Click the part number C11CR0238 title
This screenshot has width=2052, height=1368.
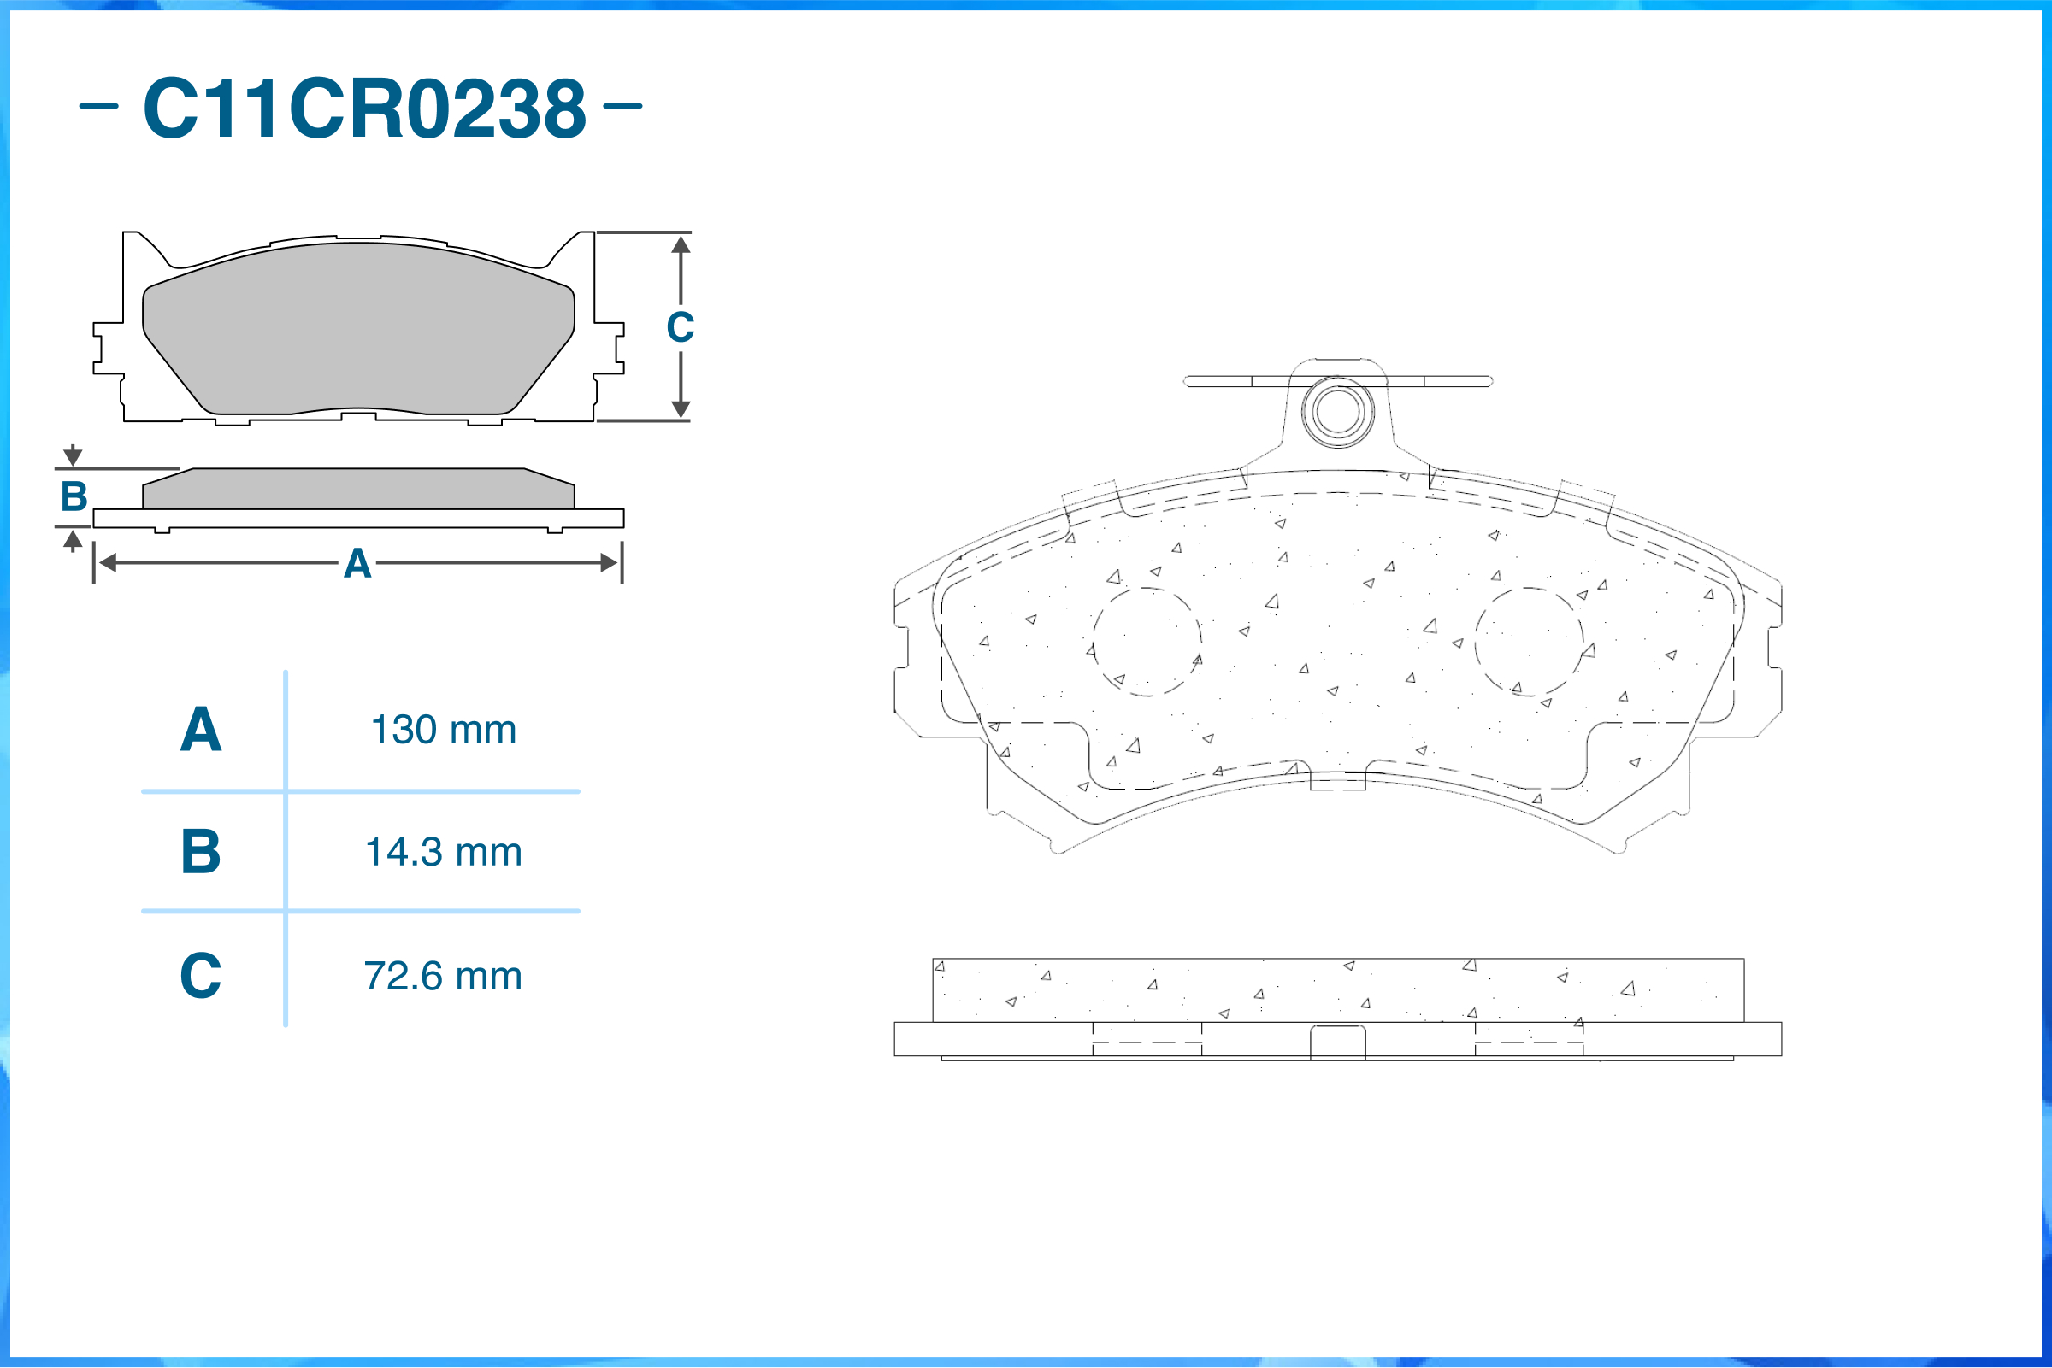[365, 108]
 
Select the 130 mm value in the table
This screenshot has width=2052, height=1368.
[444, 730]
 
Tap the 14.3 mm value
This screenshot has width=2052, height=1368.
[444, 853]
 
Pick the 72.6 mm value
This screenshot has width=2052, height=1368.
[444, 977]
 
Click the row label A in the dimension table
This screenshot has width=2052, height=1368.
[201, 730]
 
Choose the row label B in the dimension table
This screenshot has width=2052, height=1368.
[201, 852]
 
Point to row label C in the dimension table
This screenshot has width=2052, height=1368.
[201, 976]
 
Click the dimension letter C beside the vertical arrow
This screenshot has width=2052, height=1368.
[680, 327]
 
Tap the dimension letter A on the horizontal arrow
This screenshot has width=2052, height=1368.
[357, 564]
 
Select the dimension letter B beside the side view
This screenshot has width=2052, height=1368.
[74, 496]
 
